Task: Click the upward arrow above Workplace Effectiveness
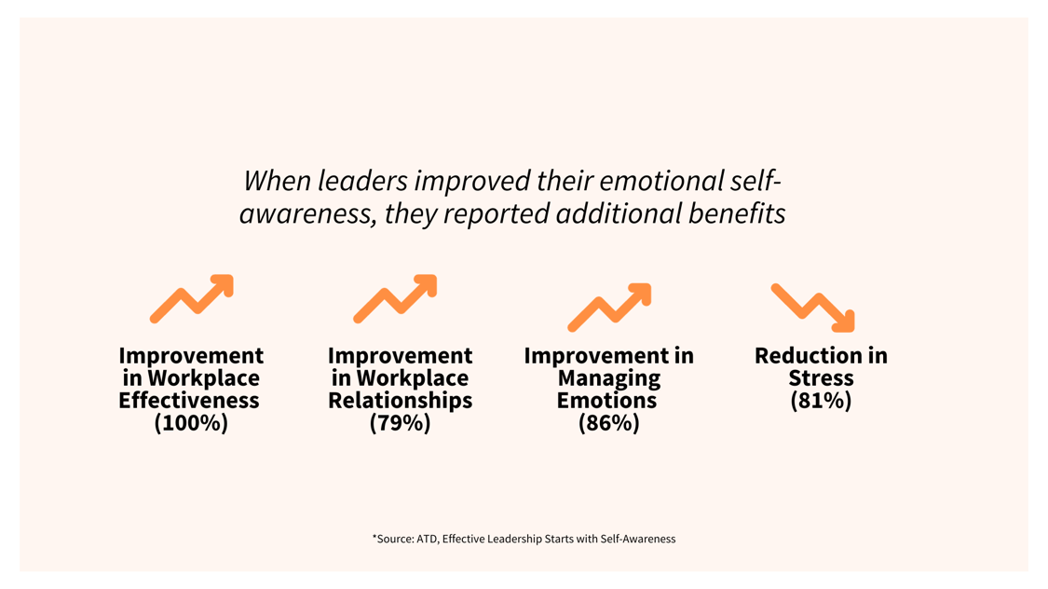pos(191,299)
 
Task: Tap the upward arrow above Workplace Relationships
pos(395,299)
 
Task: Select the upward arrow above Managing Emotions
pos(609,308)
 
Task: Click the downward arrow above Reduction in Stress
pos(813,308)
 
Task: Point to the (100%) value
pos(191,423)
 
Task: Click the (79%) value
pos(400,423)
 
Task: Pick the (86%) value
pos(608,423)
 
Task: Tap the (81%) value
pos(821,401)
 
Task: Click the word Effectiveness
pos(189,401)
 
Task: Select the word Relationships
pos(400,401)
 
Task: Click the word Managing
pos(608,378)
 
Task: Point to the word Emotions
pos(606,401)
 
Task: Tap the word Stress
pos(821,378)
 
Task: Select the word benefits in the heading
pos(737,213)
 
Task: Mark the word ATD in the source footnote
pos(426,539)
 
